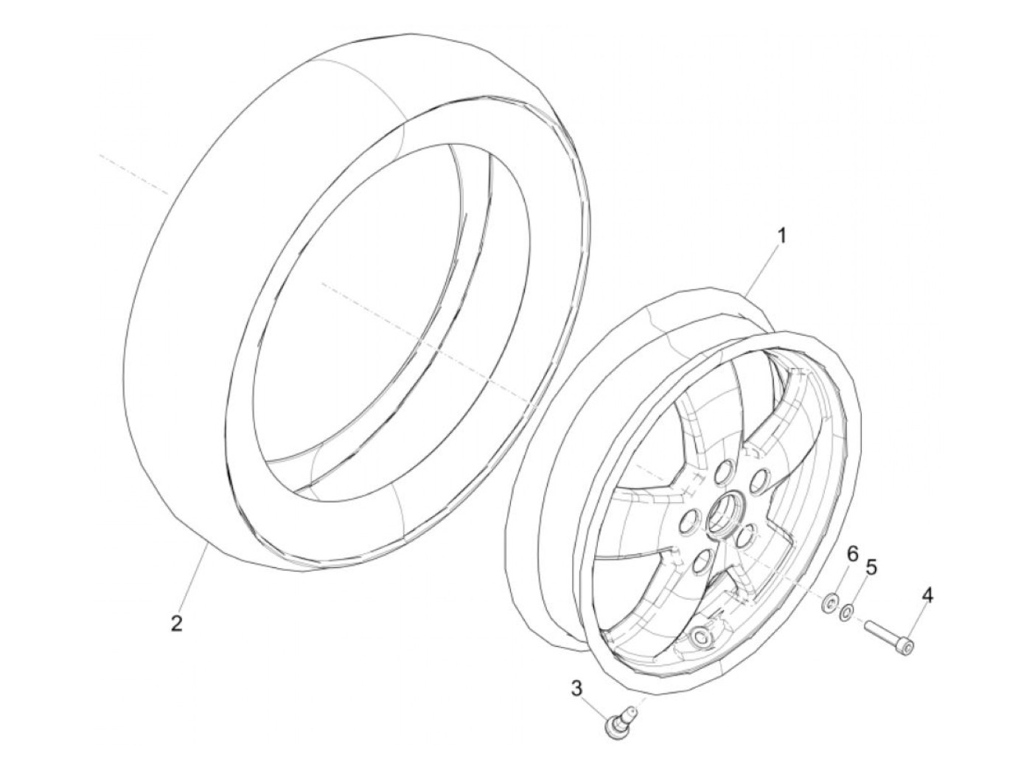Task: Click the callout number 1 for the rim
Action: pos(782,236)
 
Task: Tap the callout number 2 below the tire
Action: pos(175,623)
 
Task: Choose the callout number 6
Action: pos(852,553)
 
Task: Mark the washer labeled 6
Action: pos(829,604)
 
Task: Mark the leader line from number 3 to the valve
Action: pos(595,705)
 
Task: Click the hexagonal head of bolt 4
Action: pos(908,646)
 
